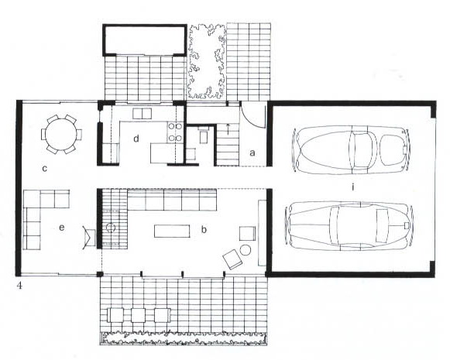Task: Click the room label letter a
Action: [252, 153]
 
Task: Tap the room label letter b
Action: [204, 229]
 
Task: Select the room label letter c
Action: [44, 168]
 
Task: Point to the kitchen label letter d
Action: [136, 139]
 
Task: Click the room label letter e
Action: [61, 228]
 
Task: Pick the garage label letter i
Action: [352, 187]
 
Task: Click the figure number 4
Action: [19, 286]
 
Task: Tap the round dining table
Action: [61, 134]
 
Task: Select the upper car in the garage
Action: [352, 149]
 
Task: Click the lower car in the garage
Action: [349, 226]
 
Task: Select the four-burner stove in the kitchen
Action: [175, 132]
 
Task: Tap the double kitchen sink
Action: [142, 114]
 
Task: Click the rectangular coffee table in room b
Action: [172, 231]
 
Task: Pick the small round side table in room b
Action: [245, 250]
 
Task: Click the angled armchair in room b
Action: [232, 259]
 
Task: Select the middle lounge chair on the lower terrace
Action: [139, 315]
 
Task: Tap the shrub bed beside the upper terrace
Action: [207, 61]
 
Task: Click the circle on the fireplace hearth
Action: [111, 228]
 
